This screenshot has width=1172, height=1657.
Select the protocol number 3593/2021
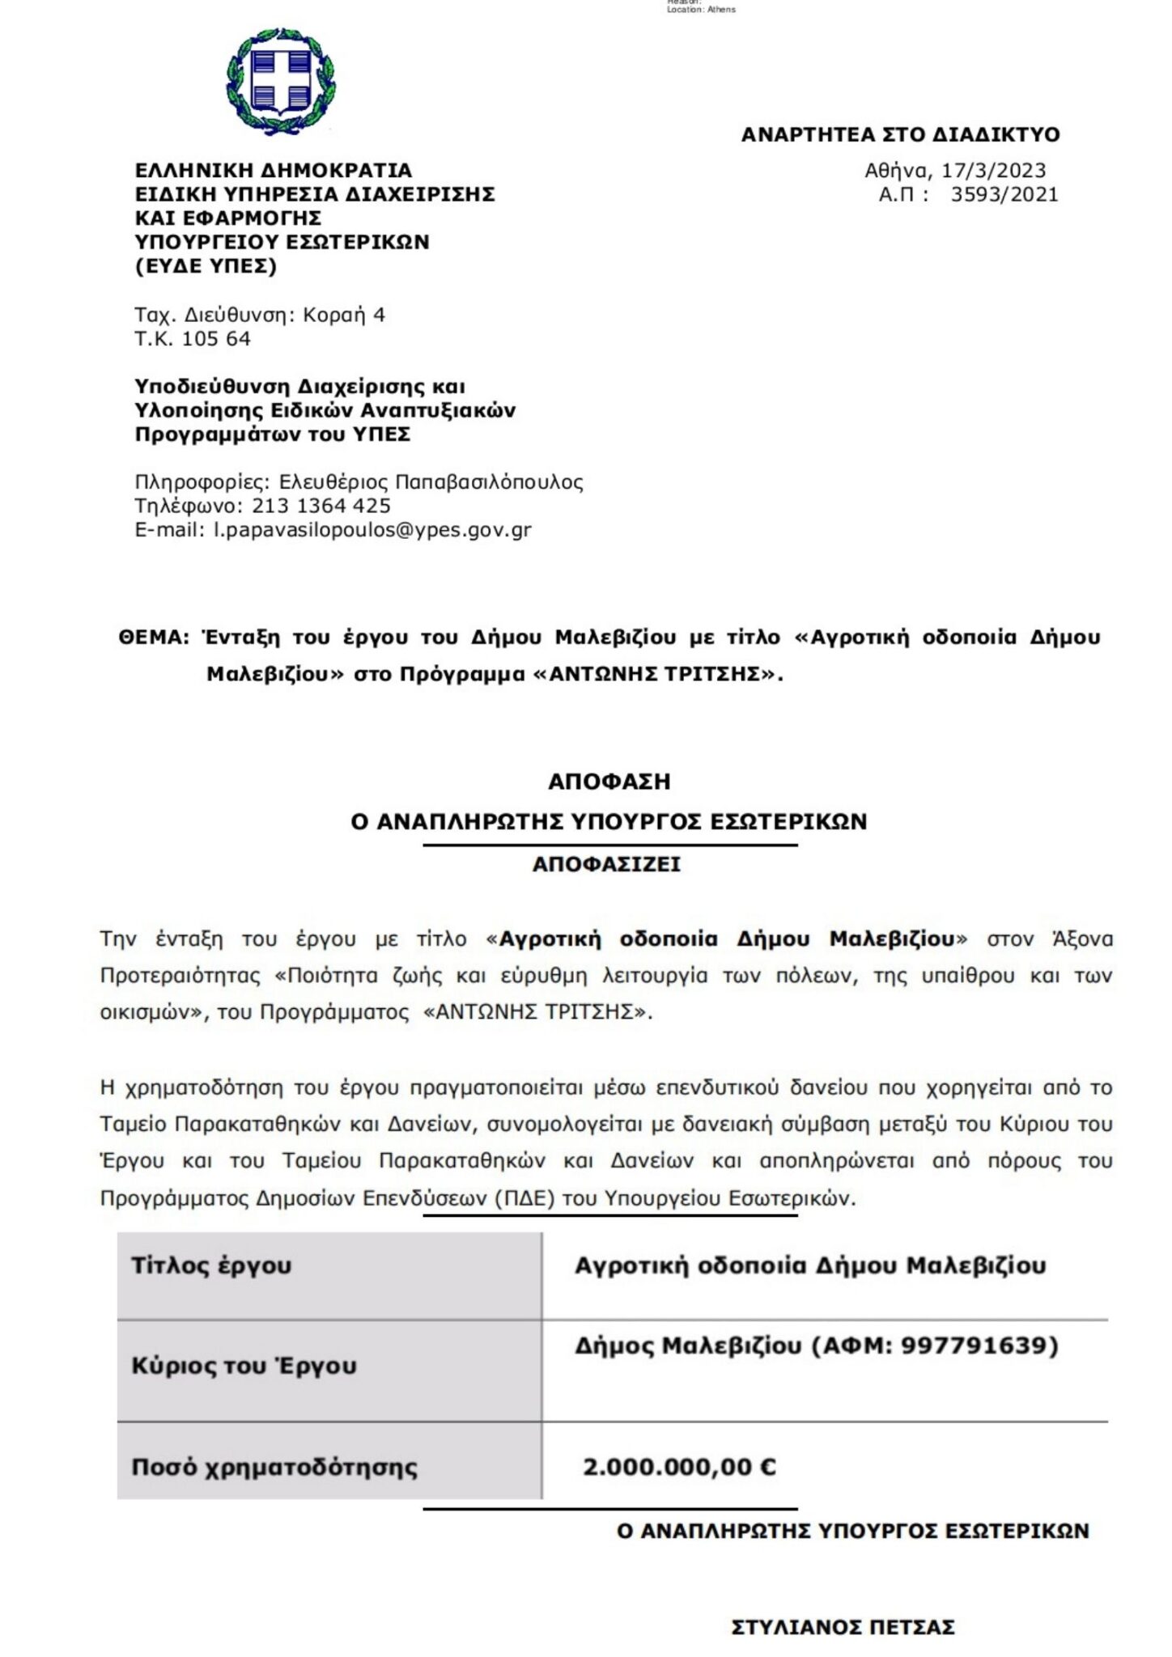[x=1004, y=194]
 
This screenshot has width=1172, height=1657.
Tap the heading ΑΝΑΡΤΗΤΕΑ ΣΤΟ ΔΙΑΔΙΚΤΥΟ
[x=900, y=134]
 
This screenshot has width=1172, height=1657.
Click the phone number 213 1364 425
[x=321, y=506]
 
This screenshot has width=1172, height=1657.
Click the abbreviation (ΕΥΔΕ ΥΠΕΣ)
[x=206, y=265]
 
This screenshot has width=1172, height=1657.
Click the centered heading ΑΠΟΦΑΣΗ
[x=609, y=782]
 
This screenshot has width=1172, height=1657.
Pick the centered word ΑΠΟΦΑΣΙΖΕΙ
[x=606, y=864]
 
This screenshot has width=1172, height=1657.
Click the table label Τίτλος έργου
[x=211, y=1265]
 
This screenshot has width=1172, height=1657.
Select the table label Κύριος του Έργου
[x=244, y=1366]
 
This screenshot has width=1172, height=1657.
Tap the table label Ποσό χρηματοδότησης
[x=274, y=1466]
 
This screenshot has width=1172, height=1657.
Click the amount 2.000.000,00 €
[x=679, y=1466]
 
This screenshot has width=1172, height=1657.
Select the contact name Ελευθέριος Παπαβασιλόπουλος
[x=431, y=482]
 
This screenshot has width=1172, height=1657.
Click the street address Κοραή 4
[x=344, y=315]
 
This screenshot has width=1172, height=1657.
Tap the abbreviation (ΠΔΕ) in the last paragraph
[x=524, y=1197]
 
